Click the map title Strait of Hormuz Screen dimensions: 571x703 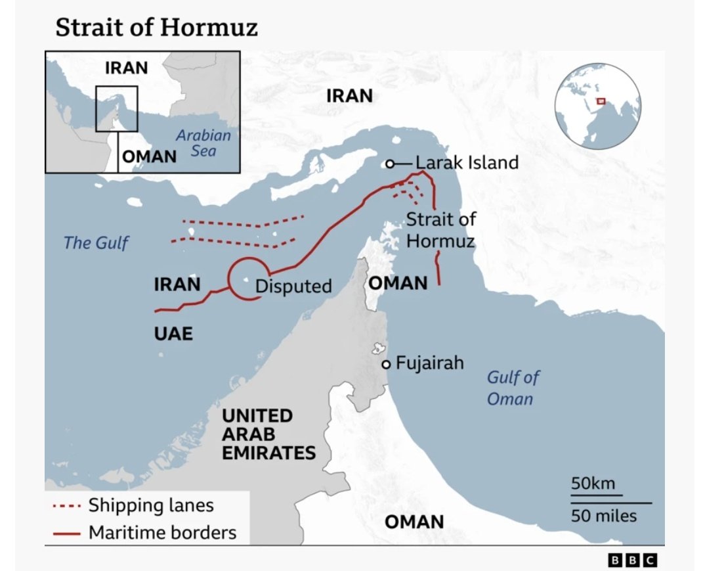(156, 28)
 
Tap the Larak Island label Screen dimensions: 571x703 (467, 162)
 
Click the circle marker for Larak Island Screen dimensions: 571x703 (389, 164)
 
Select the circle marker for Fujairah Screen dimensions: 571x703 (387, 364)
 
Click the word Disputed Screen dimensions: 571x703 (293, 286)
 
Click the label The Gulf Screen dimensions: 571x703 (96, 243)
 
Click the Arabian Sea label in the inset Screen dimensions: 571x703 (203, 143)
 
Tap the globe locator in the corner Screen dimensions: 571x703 (597, 106)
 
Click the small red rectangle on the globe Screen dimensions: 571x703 (600, 101)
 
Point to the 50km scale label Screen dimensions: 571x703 (593, 484)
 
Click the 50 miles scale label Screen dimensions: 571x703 (603, 515)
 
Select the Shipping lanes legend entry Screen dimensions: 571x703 (151, 505)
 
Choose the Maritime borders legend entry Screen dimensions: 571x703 (162, 532)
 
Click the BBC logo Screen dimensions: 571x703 (631, 560)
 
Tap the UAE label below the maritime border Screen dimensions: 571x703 (173, 333)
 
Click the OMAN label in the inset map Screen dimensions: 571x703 (150, 156)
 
